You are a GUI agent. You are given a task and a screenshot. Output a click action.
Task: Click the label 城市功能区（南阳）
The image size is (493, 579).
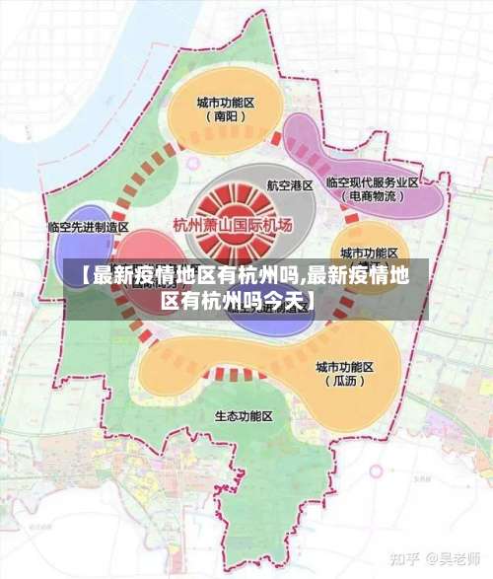pyautogui.click(x=225, y=109)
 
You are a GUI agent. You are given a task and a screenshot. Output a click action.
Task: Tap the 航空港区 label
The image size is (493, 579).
pyautogui.click(x=290, y=184)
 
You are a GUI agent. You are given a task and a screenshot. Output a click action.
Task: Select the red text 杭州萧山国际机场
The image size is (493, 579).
pyautogui.click(x=233, y=225)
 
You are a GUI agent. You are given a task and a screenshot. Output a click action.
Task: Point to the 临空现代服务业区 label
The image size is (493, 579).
pyautogui.click(x=372, y=182)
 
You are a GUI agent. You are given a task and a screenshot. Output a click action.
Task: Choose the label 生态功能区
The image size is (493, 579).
pyautogui.click(x=244, y=416)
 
